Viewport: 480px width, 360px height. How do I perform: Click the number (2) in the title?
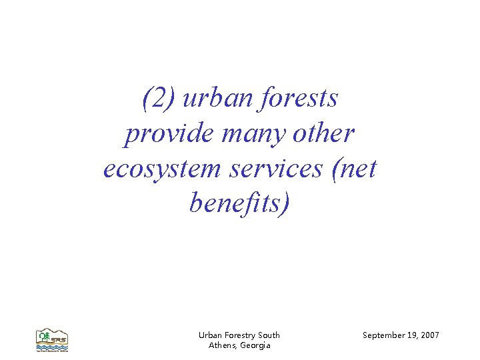[x=159, y=99]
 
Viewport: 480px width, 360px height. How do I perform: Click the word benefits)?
[x=240, y=203]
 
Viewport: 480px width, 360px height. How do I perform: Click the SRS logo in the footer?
[x=51, y=340]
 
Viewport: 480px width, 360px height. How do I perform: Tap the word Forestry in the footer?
[x=241, y=335]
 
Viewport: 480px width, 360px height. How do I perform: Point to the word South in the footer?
[x=269, y=335]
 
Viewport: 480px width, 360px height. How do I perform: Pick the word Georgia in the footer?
[x=255, y=345]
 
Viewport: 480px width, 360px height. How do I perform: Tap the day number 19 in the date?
[x=414, y=335]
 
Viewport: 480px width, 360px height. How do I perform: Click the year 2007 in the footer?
[x=431, y=335]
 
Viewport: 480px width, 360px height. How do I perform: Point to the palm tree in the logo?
[x=44, y=334]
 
